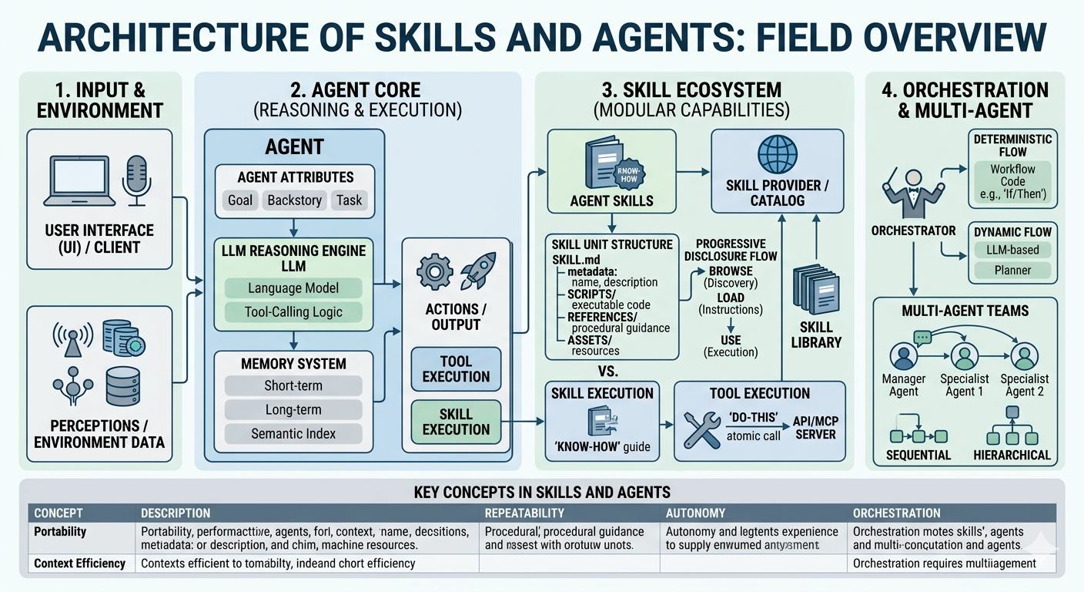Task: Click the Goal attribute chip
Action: coord(240,200)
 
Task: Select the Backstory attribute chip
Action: coord(294,200)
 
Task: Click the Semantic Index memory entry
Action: coord(293,433)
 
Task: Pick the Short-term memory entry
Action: coord(293,385)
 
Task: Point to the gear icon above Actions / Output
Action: coord(434,272)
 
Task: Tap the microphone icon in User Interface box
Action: coord(135,178)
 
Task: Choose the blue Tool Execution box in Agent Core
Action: coord(456,368)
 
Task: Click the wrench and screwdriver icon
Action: coord(701,429)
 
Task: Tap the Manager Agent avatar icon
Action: coord(903,357)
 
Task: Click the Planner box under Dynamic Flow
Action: coord(1012,271)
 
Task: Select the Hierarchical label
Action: coord(1012,455)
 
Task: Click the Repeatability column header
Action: coord(524,513)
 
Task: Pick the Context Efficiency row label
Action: coord(79,563)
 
